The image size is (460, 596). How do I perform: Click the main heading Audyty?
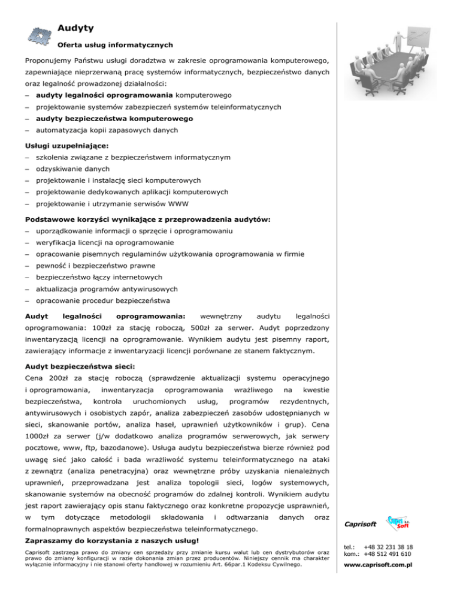(75, 28)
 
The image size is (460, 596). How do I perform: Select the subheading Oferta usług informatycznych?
(115, 44)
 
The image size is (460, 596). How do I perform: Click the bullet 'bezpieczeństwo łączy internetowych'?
(99, 277)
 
